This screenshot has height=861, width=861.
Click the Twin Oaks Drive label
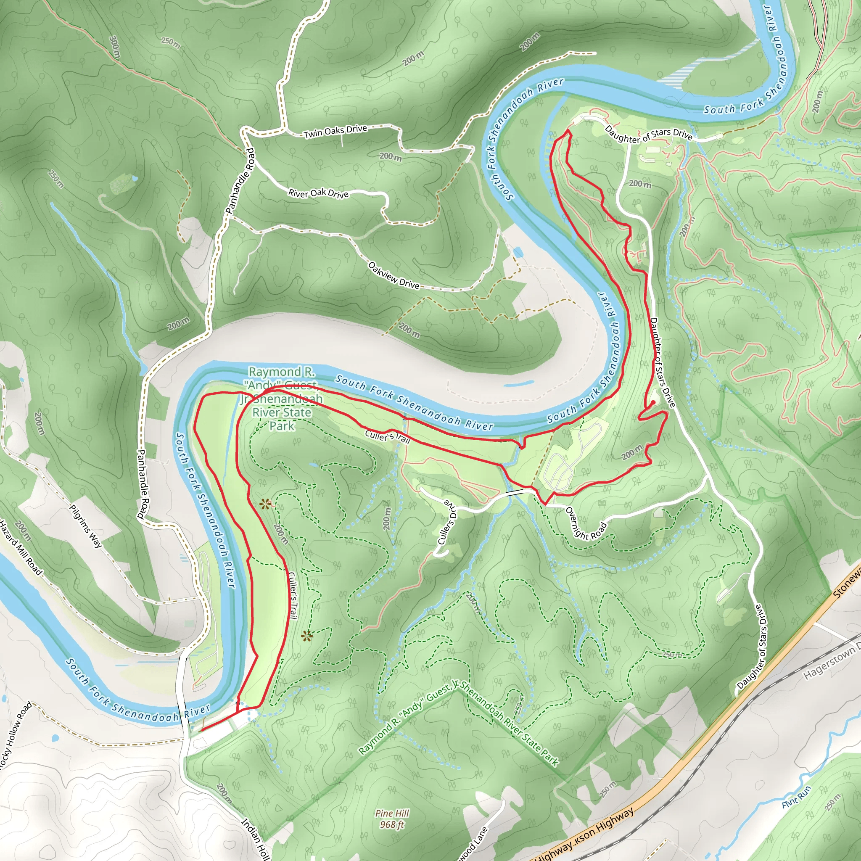point(335,132)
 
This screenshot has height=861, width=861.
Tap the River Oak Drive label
point(318,193)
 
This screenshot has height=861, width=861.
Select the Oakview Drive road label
point(394,275)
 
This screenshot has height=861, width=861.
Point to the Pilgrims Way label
point(86,526)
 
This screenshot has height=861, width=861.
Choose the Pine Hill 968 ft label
point(392,819)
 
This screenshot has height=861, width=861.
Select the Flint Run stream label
point(797,797)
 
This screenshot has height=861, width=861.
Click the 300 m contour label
point(114,47)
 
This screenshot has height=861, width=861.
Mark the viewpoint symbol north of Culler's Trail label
point(266,504)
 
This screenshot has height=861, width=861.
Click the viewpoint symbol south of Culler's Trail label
point(306,636)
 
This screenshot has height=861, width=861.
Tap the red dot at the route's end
point(653,402)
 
